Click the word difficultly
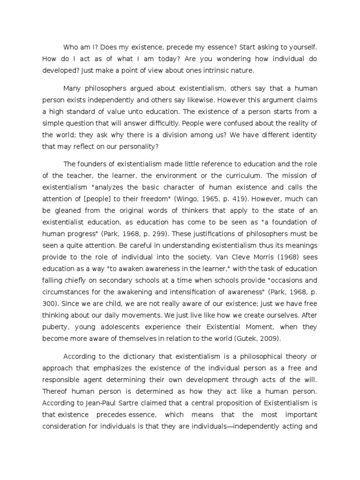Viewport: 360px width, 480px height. (x=170, y=123)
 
